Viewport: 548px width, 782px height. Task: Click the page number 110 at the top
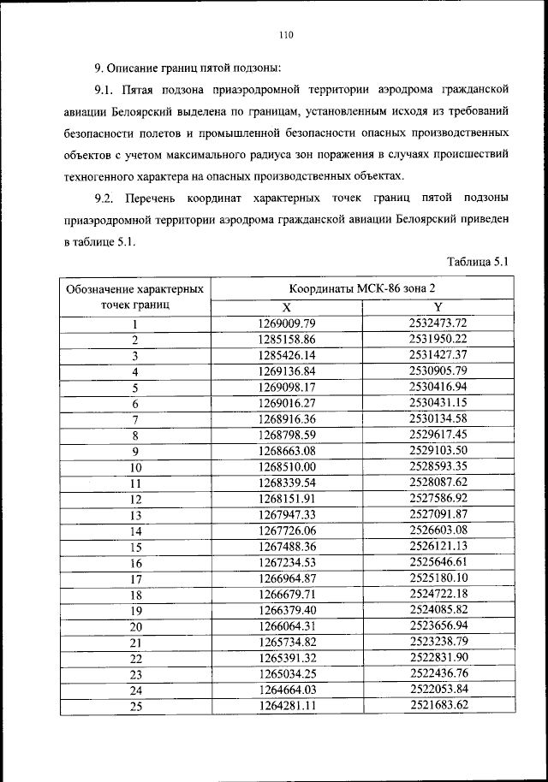pyautogui.click(x=286, y=35)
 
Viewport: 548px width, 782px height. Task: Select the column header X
pyautogui.click(x=287, y=307)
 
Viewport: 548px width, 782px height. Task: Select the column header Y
pyautogui.click(x=438, y=307)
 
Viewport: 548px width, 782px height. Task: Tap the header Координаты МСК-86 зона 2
pyautogui.click(x=362, y=289)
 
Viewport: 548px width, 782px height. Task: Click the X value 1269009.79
pyautogui.click(x=287, y=323)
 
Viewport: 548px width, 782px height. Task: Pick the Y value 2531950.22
pyautogui.click(x=438, y=339)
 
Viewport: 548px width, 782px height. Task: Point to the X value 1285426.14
pyautogui.click(x=287, y=355)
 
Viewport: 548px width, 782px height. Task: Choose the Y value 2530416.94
pyautogui.click(x=438, y=387)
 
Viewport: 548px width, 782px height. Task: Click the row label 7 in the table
pyautogui.click(x=135, y=419)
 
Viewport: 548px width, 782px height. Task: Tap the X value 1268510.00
pyautogui.click(x=287, y=466)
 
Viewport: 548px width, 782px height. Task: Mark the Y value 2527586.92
pyautogui.click(x=438, y=498)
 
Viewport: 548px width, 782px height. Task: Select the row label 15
pyautogui.click(x=135, y=547)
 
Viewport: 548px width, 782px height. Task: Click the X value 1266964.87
pyautogui.click(x=287, y=578)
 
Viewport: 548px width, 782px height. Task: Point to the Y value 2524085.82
pyautogui.click(x=438, y=610)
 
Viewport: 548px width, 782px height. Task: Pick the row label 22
pyautogui.click(x=135, y=659)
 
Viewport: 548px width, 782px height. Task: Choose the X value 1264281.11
pyautogui.click(x=287, y=706)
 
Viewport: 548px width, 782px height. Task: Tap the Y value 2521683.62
pyautogui.click(x=438, y=706)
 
